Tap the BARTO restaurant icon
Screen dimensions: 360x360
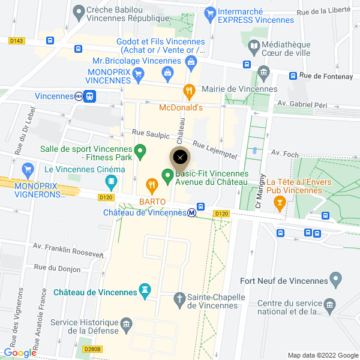pos(152,184)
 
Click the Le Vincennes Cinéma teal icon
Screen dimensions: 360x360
pos(111,181)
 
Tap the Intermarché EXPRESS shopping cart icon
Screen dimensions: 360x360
pos(209,13)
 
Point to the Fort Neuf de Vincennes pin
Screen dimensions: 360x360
pos(335,278)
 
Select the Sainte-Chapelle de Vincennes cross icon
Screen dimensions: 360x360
pos(179,298)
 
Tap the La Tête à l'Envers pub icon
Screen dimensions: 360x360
pos(279,203)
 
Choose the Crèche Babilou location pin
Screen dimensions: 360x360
pos(78,11)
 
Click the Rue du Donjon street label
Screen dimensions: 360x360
pos(57,269)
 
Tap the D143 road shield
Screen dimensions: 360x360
pos(17,41)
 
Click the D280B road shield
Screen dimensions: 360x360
pos(92,349)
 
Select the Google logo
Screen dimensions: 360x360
pos(20,353)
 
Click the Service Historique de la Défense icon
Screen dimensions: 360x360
pos(126,325)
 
